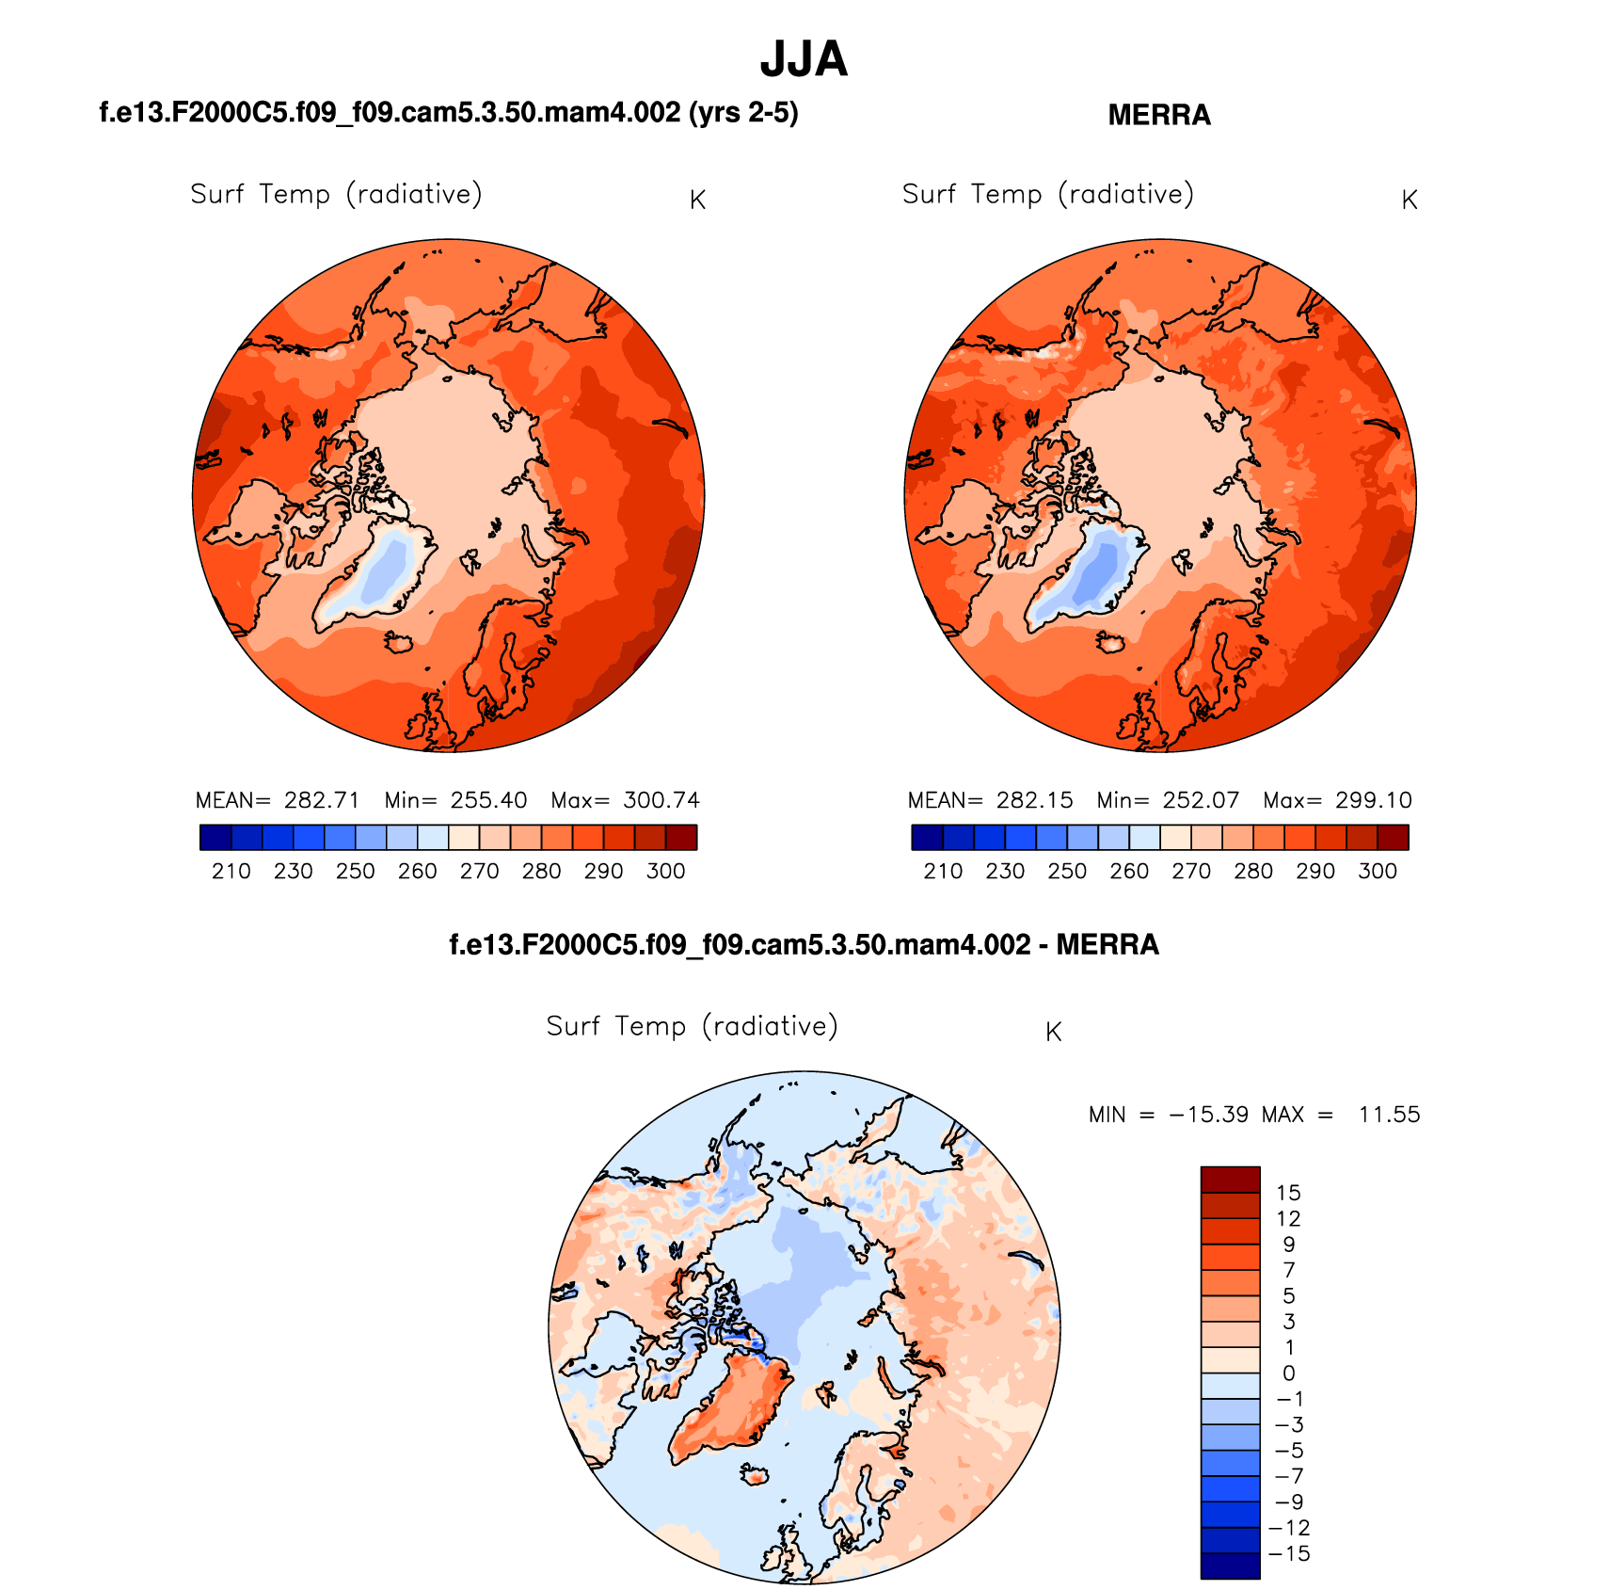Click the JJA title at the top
(804, 59)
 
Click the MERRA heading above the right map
(1158, 115)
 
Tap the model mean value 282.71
(322, 800)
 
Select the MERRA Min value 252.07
(1201, 800)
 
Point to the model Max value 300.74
(661, 800)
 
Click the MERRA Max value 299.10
(1373, 800)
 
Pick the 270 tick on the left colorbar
(479, 871)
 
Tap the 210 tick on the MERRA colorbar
(943, 871)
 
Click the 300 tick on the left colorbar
(665, 871)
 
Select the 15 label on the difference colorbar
(1288, 1193)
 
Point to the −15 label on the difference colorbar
(1289, 1553)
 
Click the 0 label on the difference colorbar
(1288, 1373)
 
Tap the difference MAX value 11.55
(1389, 1115)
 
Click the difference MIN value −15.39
(1208, 1115)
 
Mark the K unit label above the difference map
(1053, 1033)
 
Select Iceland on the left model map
(399, 642)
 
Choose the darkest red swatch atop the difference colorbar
(1230, 1180)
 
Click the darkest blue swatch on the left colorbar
(215, 837)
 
